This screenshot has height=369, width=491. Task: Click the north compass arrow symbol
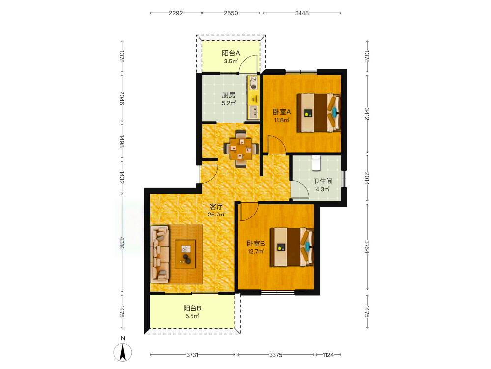pyautogui.click(x=123, y=352)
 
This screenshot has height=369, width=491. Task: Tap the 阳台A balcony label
pyautogui.click(x=231, y=53)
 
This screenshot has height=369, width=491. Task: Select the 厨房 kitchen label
pyautogui.click(x=229, y=95)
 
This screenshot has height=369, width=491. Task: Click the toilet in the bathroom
pyautogui.click(x=316, y=162)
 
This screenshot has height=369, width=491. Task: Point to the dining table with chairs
pyautogui.click(x=241, y=149)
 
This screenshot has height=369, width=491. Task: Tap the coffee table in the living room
pyautogui.click(x=186, y=253)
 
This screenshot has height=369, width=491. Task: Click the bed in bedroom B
pyautogui.click(x=292, y=247)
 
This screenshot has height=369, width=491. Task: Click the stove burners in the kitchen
pyautogui.click(x=253, y=83)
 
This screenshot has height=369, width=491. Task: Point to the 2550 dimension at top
pyautogui.click(x=231, y=13)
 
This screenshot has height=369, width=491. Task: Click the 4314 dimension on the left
pyautogui.click(x=122, y=243)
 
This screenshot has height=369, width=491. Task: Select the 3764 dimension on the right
pyautogui.click(x=367, y=246)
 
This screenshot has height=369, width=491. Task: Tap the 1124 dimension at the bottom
pyautogui.click(x=328, y=355)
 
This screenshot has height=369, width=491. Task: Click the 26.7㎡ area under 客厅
pyautogui.click(x=216, y=215)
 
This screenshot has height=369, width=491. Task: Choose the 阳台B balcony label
pyautogui.click(x=192, y=308)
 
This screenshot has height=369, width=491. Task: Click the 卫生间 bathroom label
pyautogui.click(x=323, y=182)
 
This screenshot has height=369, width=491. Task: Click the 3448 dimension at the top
pyautogui.click(x=302, y=13)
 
